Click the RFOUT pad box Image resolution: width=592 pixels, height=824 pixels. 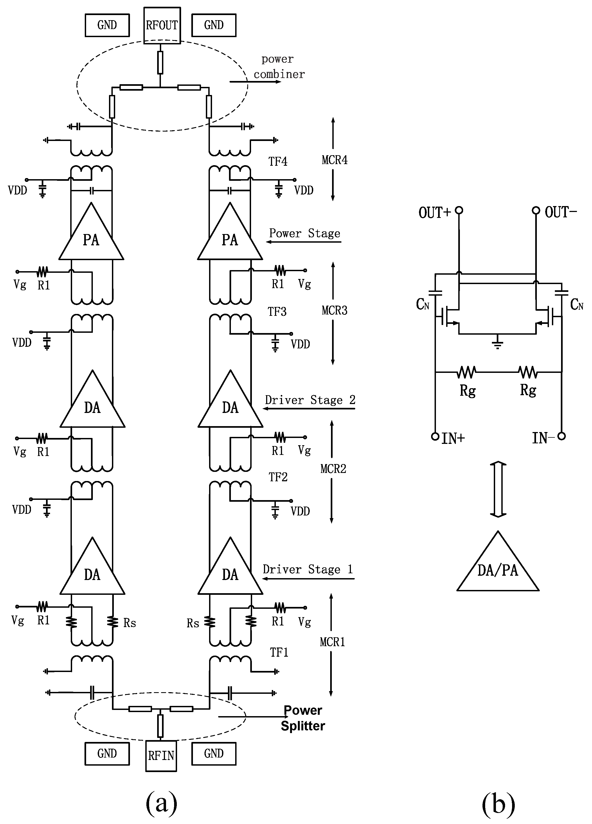coord(162,26)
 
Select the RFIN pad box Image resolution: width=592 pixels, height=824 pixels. coord(161,756)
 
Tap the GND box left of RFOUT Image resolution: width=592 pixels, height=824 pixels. coord(107,25)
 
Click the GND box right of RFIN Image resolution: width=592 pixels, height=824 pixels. coord(214,754)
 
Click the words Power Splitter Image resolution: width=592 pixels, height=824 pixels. coord(303,718)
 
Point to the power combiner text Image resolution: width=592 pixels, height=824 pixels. coord(279,66)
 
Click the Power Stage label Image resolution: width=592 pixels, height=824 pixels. coord(305,233)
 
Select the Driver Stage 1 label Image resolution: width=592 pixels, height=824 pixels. coord(308,569)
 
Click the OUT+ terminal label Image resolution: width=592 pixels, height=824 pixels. coord(434,213)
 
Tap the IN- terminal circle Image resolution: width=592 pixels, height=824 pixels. coord(562,436)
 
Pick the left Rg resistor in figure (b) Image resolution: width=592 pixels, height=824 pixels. coord(467,372)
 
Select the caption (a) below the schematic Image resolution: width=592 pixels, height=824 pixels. coord(161,804)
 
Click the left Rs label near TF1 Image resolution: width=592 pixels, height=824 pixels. coord(130,623)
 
